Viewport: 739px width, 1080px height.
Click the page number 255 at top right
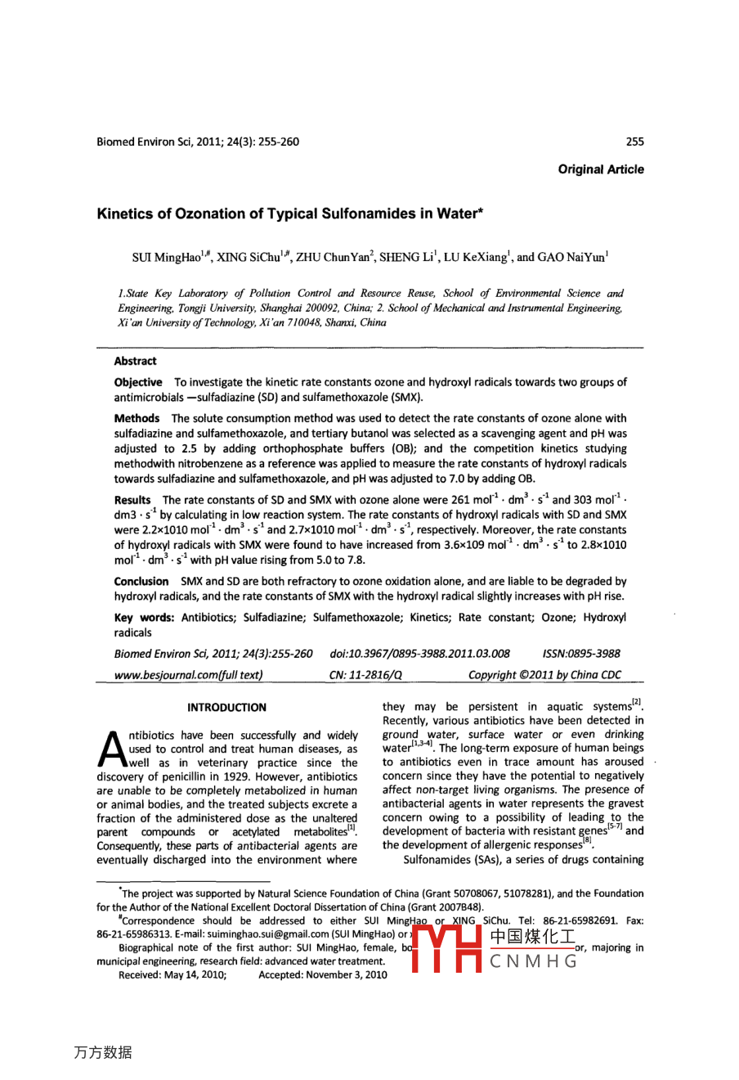[634, 142]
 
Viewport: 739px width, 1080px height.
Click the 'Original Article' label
[601, 169]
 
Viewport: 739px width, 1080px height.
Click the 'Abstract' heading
[135, 361]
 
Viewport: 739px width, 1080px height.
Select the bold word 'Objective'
[138, 382]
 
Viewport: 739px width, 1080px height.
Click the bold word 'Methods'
[137, 418]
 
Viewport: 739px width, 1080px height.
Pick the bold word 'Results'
[132, 500]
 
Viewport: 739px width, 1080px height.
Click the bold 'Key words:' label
[145, 618]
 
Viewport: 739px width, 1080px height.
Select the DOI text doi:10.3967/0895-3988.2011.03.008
[419, 654]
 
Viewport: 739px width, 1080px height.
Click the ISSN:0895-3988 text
[581, 654]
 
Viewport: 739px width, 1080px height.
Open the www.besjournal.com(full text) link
[188, 675]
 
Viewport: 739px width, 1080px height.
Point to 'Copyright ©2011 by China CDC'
[544, 675]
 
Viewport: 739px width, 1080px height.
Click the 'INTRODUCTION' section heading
[226, 708]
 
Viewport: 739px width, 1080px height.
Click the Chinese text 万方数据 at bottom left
[103, 1052]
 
